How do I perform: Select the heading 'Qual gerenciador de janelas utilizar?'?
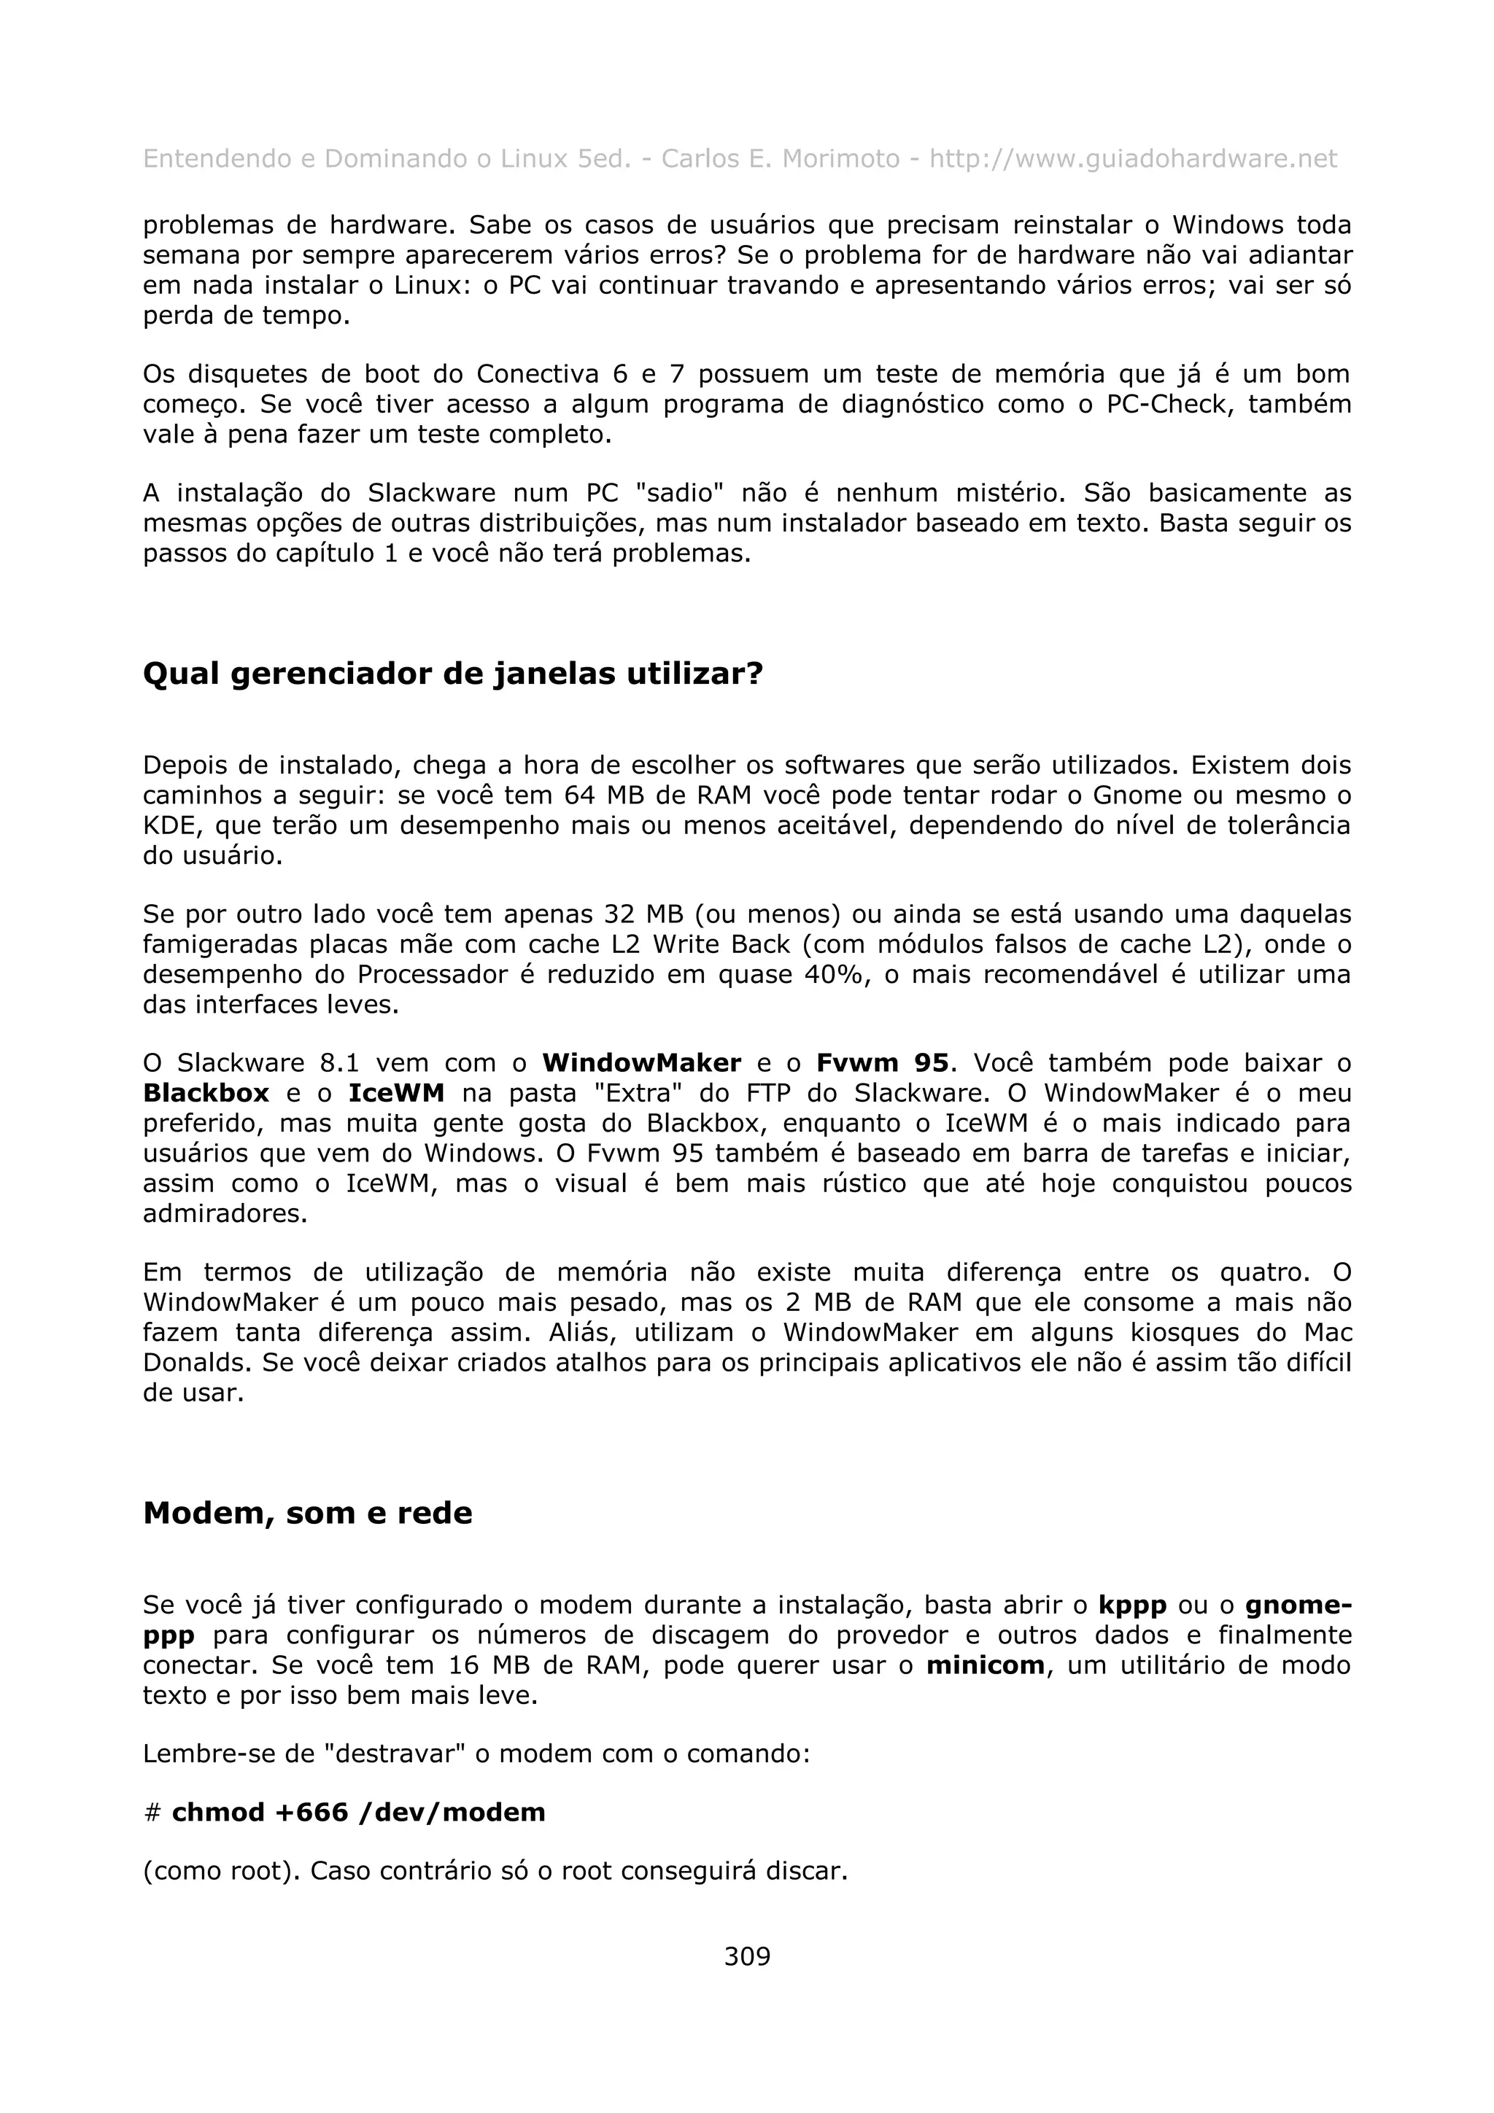tap(453, 674)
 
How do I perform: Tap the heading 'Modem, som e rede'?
tap(307, 1513)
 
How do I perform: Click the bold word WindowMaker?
tap(642, 1063)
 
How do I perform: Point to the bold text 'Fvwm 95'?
tap(882, 1063)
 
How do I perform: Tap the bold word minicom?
tap(985, 1666)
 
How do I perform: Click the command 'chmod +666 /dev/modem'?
tap(358, 1813)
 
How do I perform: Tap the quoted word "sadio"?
tap(679, 494)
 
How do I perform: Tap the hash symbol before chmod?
tap(152, 1814)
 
